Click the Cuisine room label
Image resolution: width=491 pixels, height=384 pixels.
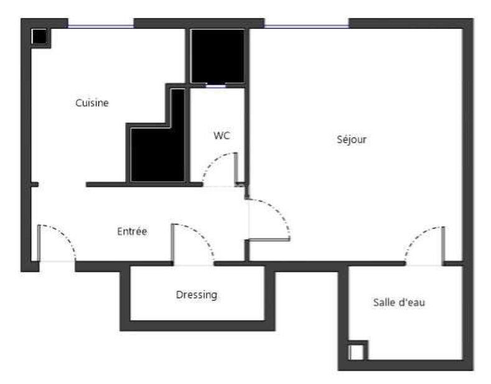click(92, 103)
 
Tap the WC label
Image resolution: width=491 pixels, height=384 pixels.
click(222, 136)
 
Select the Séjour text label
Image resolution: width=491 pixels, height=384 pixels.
click(352, 140)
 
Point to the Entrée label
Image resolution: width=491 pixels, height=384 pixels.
click(132, 232)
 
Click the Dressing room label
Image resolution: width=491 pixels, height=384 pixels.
click(197, 295)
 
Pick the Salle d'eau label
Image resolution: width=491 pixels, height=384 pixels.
click(399, 303)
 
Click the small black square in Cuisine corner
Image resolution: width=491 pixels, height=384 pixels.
click(39, 37)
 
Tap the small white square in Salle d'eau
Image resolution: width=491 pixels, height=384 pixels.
click(357, 352)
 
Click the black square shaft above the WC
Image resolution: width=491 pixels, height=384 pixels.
click(217, 55)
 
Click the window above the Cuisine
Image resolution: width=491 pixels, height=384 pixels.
click(101, 26)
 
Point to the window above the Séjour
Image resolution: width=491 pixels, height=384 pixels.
click(306, 26)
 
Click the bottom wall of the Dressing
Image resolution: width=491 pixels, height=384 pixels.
click(197, 325)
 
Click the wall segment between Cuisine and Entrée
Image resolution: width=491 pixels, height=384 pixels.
click(143, 185)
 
